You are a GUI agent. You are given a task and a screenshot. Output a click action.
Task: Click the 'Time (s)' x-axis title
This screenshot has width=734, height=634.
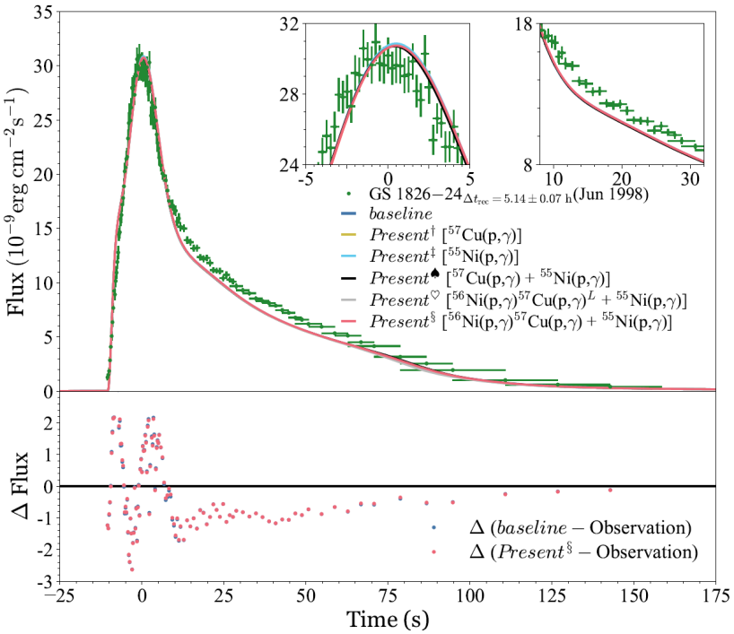click(x=388, y=619)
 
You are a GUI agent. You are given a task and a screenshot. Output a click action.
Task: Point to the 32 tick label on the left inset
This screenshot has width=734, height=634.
click(x=288, y=25)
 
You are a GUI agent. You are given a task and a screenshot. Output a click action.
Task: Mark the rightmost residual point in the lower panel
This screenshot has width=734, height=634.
click(x=610, y=490)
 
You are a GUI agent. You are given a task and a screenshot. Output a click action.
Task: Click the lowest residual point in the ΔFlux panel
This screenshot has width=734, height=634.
click(x=132, y=569)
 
